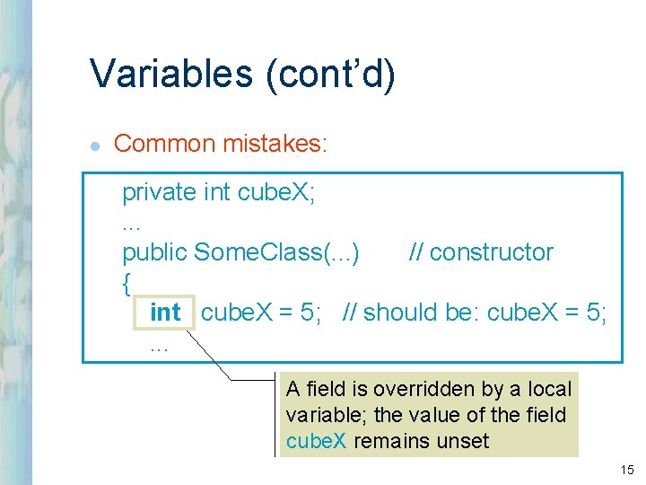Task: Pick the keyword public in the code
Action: (155, 252)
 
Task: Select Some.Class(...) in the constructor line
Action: (277, 252)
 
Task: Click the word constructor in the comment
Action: (492, 252)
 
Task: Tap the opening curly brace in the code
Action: (127, 283)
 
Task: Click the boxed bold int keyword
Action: (165, 313)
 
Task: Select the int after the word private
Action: (217, 192)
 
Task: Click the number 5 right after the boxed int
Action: (309, 313)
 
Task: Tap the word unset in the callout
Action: (460, 441)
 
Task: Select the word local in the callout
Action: (550, 389)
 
